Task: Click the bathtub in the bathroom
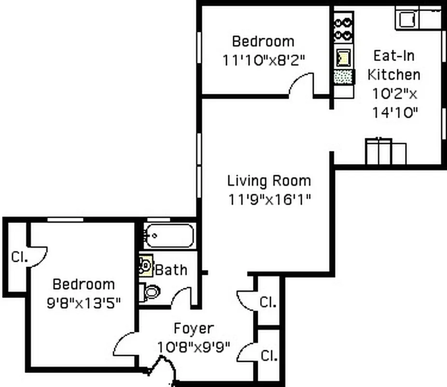pyautogui.click(x=169, y=236)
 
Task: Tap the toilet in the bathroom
pyautogui.click(x=150, y=292)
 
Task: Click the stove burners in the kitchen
pyautogui.click(x=343, y=29)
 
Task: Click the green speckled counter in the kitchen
pyautogui.click(x=343, y=76)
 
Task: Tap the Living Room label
pyautogui.click(x=269, y=181)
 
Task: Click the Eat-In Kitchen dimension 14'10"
pyautogui.click(x=394, y=112)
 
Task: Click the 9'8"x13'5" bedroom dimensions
pyautogui.click(x=84, y=303)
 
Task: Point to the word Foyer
pyautogui.click(x=193, y=329)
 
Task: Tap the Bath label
pyautogui.click(x=171, y=269)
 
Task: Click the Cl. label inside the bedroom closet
pyautogui.click(x=20, y=257)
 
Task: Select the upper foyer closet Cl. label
pyautogui.click(x=268, y=302)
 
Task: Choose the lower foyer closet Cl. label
pyautogui.click(x=269, y=356)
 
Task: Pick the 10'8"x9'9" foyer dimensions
pyautogui.click(x=194, y=347)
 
